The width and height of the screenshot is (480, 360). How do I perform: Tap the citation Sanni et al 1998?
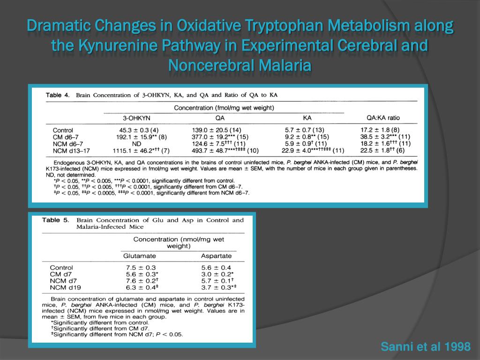[426, 347]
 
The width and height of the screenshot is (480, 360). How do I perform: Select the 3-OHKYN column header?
[136, 118]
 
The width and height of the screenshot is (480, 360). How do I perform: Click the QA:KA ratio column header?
[383, 118]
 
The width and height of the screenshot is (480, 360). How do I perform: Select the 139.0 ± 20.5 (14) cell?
[217, 130]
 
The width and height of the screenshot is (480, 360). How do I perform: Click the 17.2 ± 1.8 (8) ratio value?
[380, 130]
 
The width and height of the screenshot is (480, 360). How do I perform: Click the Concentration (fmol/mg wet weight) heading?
[224, 108]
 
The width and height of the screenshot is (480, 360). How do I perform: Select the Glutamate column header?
[139, 256]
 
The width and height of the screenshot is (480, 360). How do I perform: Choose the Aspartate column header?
[216, 256]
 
